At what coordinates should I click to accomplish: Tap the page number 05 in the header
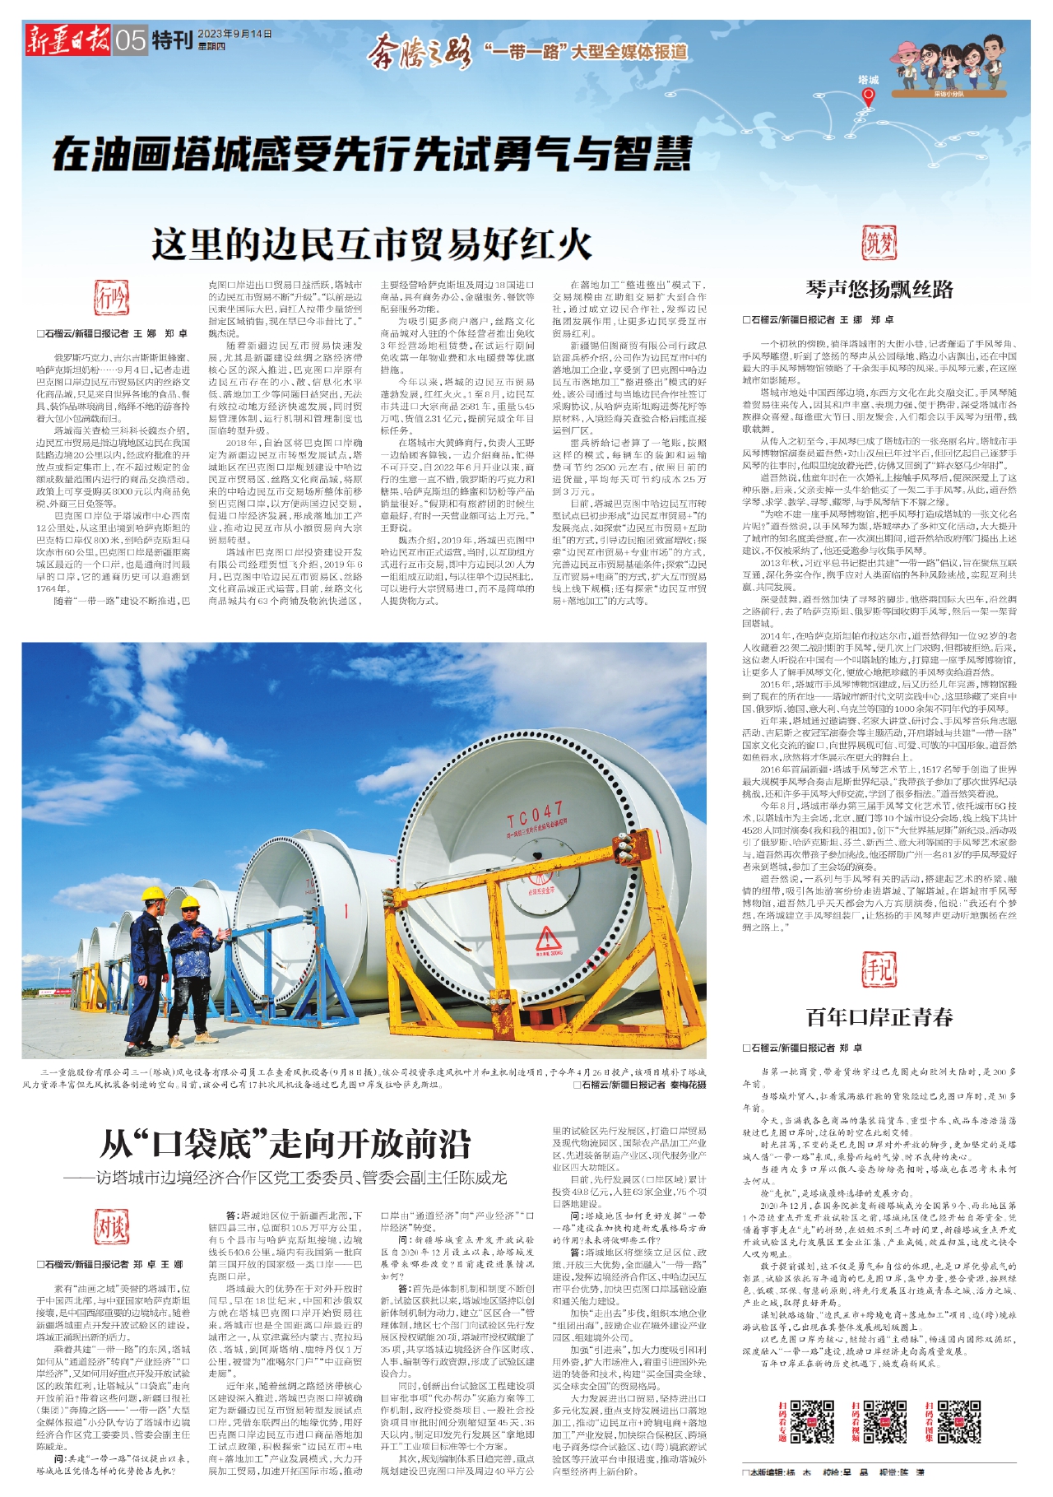tap(130, 40)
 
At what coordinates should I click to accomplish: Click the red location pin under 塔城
tap(868, 98)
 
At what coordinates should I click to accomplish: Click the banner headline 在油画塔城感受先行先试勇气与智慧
tap(372, 153)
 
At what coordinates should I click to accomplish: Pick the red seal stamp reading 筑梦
tap(879, 244)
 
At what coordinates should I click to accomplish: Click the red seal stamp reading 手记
tap(879, 969)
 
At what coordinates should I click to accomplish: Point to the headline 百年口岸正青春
tap(879, 1017)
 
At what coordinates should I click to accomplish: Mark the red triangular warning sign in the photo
tap(548, 939)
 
